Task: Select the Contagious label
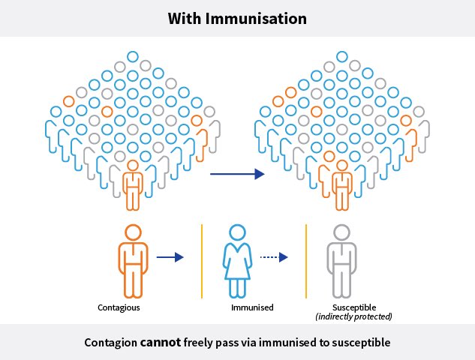click(x=119, y=307)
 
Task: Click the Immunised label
click(x=252, y=307)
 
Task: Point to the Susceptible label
click(x=354, y=307)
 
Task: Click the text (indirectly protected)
click(x=354, y=316)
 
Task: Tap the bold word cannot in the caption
click(x=160, y=343)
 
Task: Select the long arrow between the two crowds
click(x=236, y=174)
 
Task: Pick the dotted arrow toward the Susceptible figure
click(x=274, y=257)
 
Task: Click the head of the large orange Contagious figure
click(x=133, y=231)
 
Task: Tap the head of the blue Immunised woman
click(x=237, y=231)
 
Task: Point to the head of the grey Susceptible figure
click(x=342, y=231)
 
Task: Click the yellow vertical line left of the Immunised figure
click(x=202, y=259)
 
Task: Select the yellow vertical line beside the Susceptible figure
click(x=306, y=259)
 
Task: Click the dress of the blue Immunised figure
click(x=237, y=261)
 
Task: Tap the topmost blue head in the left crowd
click(x=133, y=56)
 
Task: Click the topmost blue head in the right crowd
click(x=342, y=56)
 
